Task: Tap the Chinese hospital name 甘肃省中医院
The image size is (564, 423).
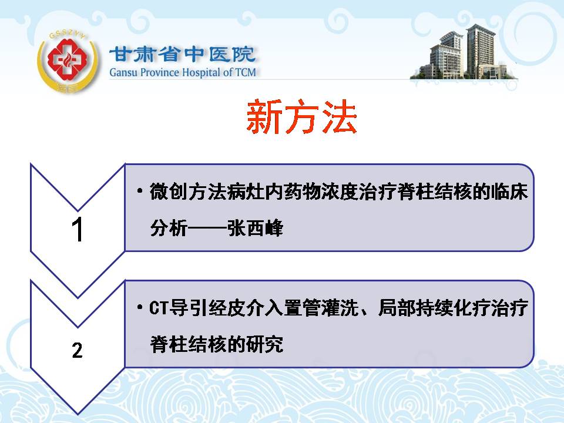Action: (182, 54)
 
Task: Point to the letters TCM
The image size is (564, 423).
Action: (246, 72)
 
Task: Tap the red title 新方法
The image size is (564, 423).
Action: (301, 117)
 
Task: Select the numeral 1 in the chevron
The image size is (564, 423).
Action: (78, 229)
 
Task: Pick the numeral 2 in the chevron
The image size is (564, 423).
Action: (78, 350)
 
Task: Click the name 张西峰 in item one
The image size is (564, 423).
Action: (255, 228)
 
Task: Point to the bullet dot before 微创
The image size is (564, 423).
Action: (140, 191)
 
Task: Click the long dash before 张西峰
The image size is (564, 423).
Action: (207, 229)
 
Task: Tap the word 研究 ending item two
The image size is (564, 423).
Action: (265, 344)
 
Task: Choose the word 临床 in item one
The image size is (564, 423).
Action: (509, 192)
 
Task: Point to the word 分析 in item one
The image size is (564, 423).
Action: (169, 228)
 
